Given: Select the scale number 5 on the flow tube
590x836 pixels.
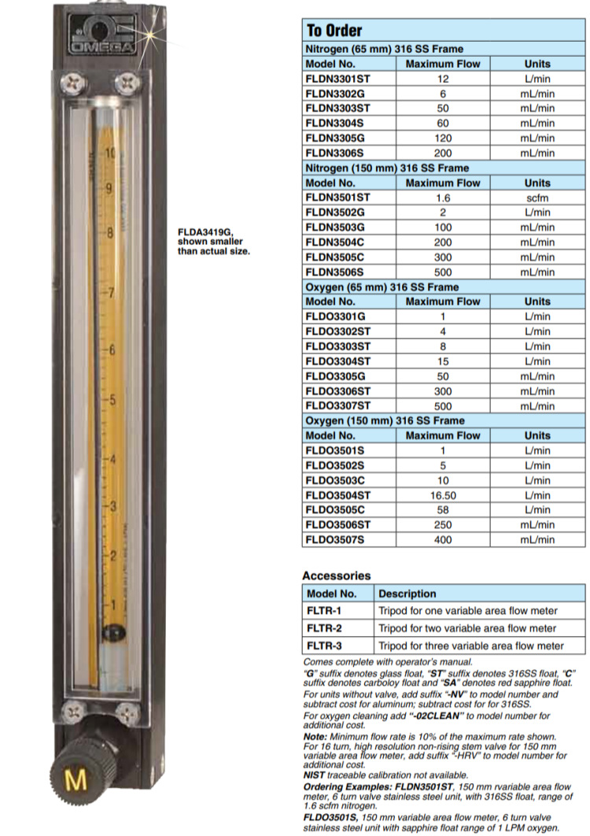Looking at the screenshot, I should [x=111, y=400].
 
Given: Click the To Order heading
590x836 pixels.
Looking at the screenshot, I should [x=326, y=31].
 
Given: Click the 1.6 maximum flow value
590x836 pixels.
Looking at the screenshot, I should [x=442, y=198].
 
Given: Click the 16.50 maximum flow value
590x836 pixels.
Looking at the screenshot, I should [x=442, y=495].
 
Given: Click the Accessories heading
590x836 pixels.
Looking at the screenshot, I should [x=336, y=575].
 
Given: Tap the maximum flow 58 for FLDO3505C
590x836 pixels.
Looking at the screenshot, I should [x=442, y=510].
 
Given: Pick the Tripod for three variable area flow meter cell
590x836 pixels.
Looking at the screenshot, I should [x=470, y=645].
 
